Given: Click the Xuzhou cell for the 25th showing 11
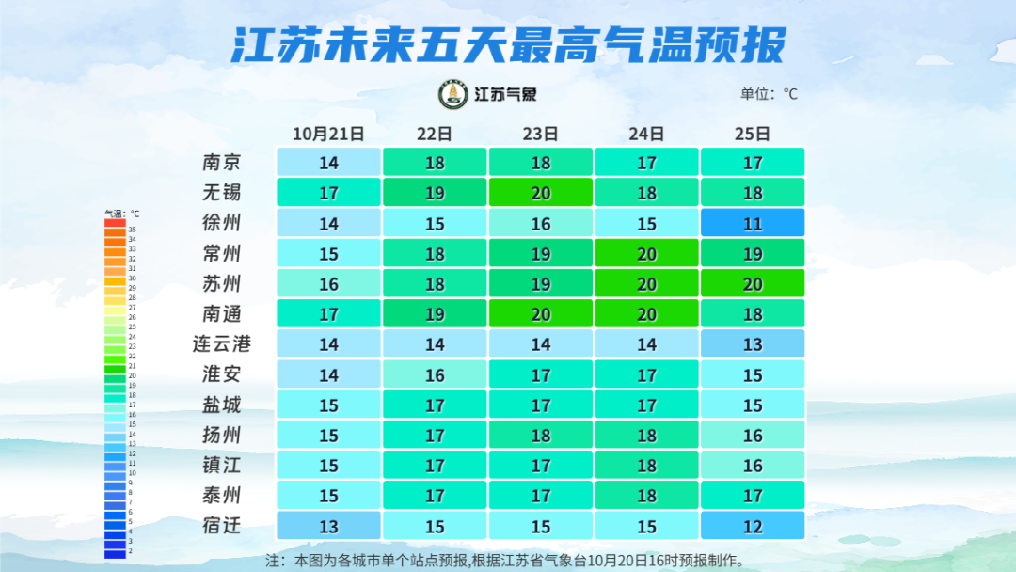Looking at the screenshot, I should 753,223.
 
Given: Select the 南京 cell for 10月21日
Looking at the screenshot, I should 328,163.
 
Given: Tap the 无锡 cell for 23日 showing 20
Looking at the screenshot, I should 541,193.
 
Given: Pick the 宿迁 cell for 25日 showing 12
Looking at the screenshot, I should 753,525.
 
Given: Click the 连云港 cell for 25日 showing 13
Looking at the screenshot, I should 753,344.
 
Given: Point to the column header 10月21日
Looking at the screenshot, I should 328,134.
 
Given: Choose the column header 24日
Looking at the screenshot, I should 646,134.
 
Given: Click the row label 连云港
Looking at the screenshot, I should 222,344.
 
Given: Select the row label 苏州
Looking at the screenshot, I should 222,284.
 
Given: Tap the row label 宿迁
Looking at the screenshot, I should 222,525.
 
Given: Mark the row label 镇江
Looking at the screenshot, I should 222,465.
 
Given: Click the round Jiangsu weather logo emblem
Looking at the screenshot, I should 453,94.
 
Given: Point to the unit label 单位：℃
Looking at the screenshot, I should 769,94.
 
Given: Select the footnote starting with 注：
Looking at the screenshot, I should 508,561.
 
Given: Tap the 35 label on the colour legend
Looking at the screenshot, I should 133,230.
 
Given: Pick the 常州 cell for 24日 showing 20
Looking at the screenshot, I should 646,253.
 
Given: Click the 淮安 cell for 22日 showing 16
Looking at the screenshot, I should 435,374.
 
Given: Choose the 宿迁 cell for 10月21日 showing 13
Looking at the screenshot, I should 328,525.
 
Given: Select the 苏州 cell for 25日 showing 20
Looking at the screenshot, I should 753,284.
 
